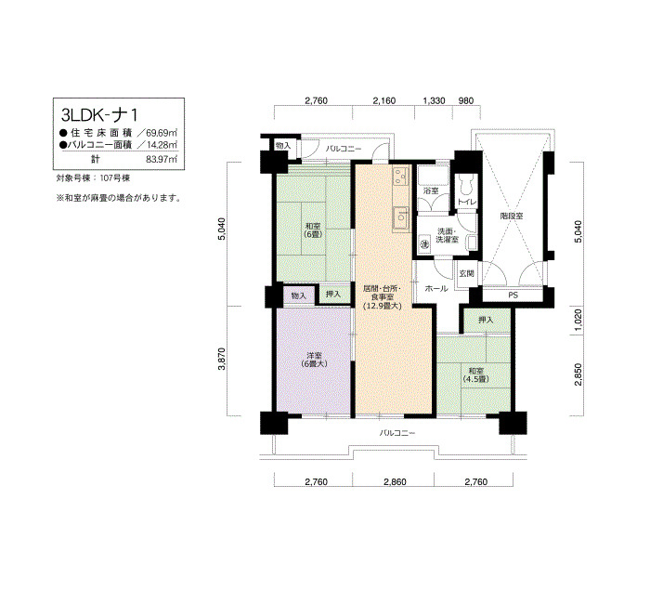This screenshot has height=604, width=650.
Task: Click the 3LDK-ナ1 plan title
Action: (98, 113)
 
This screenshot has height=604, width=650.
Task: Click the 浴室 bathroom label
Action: (431, 190)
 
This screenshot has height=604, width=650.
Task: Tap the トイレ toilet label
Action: (466, 203)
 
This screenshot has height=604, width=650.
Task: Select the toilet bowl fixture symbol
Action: (466, 184)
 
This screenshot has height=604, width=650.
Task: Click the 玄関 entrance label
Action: (466, 274)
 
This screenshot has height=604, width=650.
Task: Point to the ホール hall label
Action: (436, 289)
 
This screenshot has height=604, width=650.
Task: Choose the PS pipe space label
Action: (513, 295)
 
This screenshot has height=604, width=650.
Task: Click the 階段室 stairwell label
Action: (512, 217)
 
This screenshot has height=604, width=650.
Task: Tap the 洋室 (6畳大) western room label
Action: (314, 360)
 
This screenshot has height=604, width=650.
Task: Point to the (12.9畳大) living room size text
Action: (383, 307)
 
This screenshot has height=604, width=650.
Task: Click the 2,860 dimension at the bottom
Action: (395, 481)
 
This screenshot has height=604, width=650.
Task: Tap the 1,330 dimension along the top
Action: (434, 100)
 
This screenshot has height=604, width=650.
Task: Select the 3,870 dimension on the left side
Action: (222, 359)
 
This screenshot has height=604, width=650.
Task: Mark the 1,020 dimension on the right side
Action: (578, 318)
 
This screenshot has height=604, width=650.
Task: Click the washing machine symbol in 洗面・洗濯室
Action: (423, 244)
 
